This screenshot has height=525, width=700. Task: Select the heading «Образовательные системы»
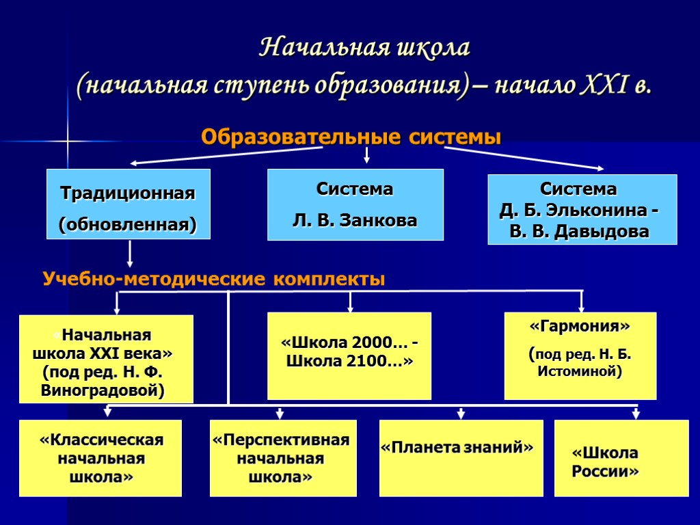pyautogui.click(x=351, y=137)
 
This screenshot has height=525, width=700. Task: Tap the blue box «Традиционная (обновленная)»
pyautogui.click(x=128, y=204)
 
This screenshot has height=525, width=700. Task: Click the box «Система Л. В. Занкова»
pyautogui.click(x=355, y=204)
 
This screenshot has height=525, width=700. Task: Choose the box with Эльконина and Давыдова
pyautogui.click(x=582, y=209)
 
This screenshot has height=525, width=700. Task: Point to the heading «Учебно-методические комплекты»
pyautogui.click(x=214, y=279)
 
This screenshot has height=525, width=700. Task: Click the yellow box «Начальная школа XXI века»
pyautogui.click(x=106, y=359)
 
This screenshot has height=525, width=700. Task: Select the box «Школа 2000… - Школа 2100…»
pyautogui.click(x=349, y=355)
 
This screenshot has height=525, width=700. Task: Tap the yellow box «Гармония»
pyautogui.click(x=580, y=355)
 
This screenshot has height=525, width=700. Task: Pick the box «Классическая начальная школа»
pyautogui.click(x=101, y=457)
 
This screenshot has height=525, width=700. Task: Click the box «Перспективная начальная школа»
pyautogui.click(x=280, y=457)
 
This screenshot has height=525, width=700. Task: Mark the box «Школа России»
pyautogui.click(x=621, y=457)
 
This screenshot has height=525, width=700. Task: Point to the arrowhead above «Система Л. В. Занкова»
pyautogui.click(x=366, y=160)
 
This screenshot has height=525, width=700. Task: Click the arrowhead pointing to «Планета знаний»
pyautogui.click(x=461, y=414)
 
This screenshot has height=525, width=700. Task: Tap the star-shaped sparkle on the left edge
pyautogui.click(x=69, y=141)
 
